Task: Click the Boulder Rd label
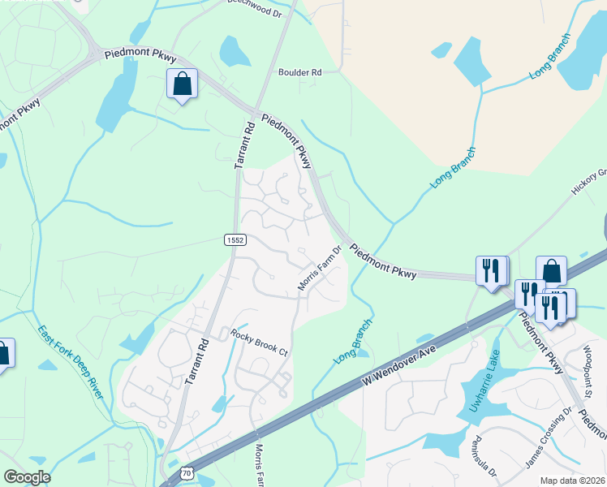[300, 72]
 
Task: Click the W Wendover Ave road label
[399, 364]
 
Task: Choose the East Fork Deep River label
[71, 361]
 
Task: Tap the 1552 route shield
[235, 239]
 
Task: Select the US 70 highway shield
[187, 472]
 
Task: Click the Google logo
[27, 476]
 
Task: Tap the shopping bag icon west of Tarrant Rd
[182, 84]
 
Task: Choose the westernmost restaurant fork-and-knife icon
[491, 270]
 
